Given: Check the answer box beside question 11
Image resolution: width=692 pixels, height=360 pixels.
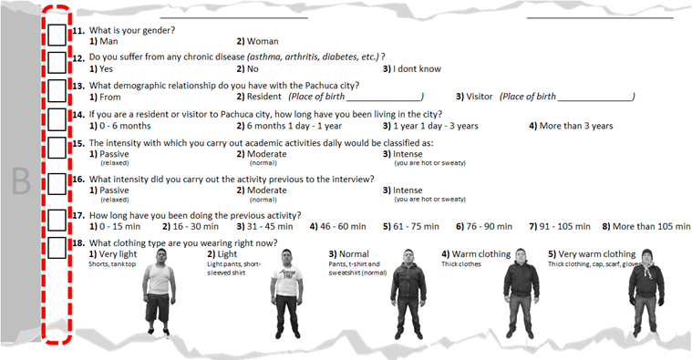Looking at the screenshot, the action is (x=57, y=36).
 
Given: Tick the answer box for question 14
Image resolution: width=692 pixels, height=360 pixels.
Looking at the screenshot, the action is (x=57, y=119).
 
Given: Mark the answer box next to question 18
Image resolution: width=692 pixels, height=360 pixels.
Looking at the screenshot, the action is (x=57, y=247).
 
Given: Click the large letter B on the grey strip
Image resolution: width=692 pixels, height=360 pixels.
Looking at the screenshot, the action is (x=20, y=182).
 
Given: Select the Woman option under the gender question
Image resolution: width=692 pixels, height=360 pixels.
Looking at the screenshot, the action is (x=257, y=41).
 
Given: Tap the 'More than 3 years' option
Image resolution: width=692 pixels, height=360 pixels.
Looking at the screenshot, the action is (x=570, y=126).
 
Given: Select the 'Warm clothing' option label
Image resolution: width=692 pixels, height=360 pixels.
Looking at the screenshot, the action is (x=477, y=253).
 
